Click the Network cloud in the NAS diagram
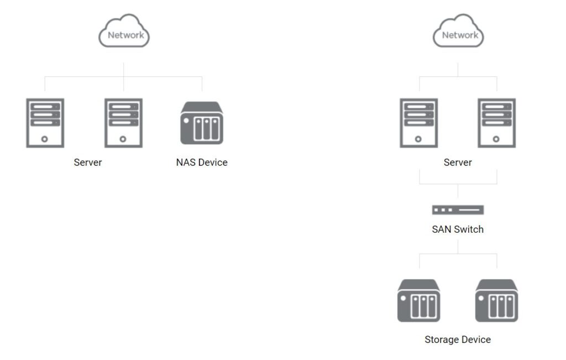click(x=124, y=33)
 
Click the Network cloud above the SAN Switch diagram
click(x=458, y=33)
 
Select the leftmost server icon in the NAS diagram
click(x=45, y=123)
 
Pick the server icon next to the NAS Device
click(x=123, y=123)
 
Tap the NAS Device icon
click(x=202, y=123)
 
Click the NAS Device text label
click(x=202, y=163)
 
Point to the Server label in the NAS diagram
click(x=88, y=163)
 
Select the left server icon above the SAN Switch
click(x=418, y=123)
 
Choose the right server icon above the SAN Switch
click(x=496, y=123)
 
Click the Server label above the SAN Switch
click(x=458, y=163)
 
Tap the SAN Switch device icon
click(x=458, y=210)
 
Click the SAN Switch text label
click(x=458, y=229)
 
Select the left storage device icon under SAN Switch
click(x=418, y=300)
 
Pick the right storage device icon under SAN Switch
click(x=496, y=300)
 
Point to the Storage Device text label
click(x=458, y=340)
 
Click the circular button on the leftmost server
click(x=45, y=139)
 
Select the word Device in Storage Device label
click(x=476, y=340)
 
